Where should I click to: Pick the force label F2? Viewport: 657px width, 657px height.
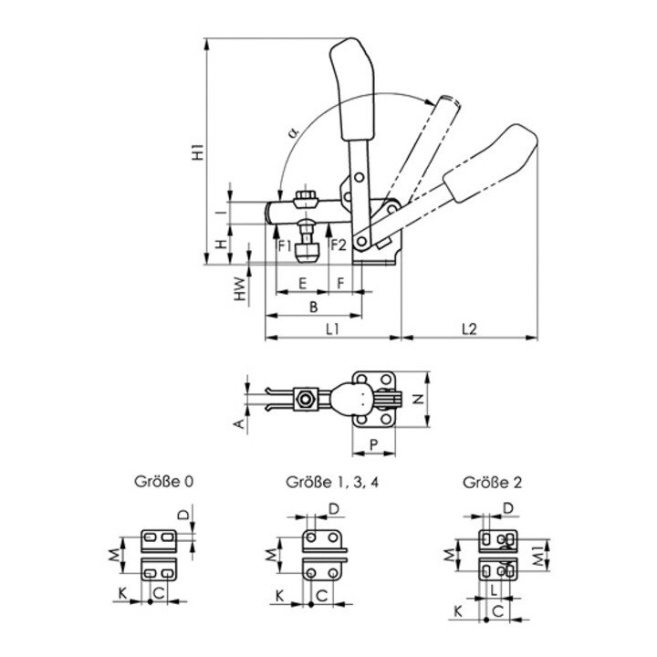pyautogui.click(x=338, y=245)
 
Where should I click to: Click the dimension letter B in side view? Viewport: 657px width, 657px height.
pyautogui.click(x=313, y=306)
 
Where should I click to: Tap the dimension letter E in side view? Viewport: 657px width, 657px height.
pyautogui.click(x=302, y=284)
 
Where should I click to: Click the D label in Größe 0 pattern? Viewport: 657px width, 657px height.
pyautogui.click(x=183, y=516)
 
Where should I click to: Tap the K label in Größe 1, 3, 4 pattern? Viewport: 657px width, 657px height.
pyautogui.click(x=279, y=597)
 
